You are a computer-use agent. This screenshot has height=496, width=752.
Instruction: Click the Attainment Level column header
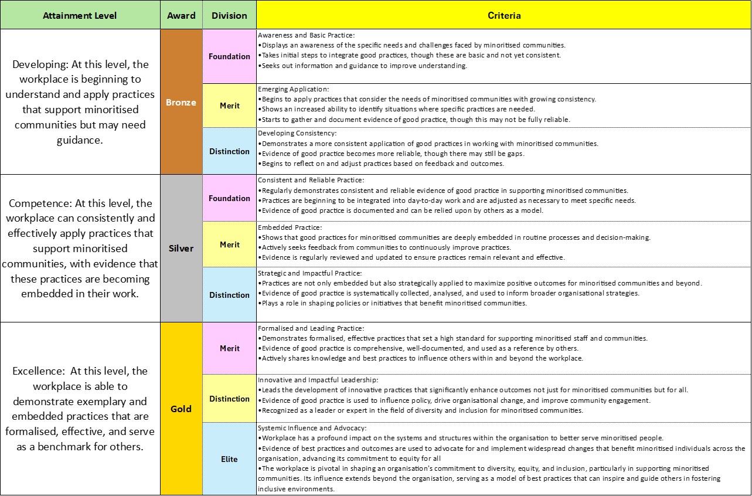pos(80,16)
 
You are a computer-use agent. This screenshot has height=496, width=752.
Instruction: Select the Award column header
pos(181,16)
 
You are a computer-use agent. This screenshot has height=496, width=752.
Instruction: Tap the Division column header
pos(229,16)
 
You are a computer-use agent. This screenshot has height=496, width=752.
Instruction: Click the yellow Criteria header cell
pos(503,16)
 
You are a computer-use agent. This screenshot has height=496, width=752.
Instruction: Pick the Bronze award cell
pos(181,103)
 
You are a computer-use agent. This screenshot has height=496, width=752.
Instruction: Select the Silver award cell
pos(181,248)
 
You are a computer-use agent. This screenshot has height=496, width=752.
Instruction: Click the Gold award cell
pos(181,409)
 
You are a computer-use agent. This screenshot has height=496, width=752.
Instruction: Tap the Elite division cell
pos(229,459)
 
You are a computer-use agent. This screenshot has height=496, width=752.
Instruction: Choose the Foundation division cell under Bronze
pos(229,56)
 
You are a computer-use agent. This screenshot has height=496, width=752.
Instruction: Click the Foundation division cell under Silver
pos(229,198)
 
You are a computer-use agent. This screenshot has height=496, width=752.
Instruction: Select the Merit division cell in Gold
pos(229,348)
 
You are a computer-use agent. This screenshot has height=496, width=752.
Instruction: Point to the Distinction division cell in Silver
pos(229,295)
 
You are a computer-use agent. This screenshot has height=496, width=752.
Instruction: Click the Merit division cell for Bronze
pos(229,106)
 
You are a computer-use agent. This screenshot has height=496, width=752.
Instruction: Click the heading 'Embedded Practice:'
pos(290,227)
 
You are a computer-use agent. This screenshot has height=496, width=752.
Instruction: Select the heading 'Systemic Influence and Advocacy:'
pos(312,428)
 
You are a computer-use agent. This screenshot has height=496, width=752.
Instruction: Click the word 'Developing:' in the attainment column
pos(36,64)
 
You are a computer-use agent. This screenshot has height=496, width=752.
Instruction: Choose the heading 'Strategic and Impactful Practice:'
pos(309,273)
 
